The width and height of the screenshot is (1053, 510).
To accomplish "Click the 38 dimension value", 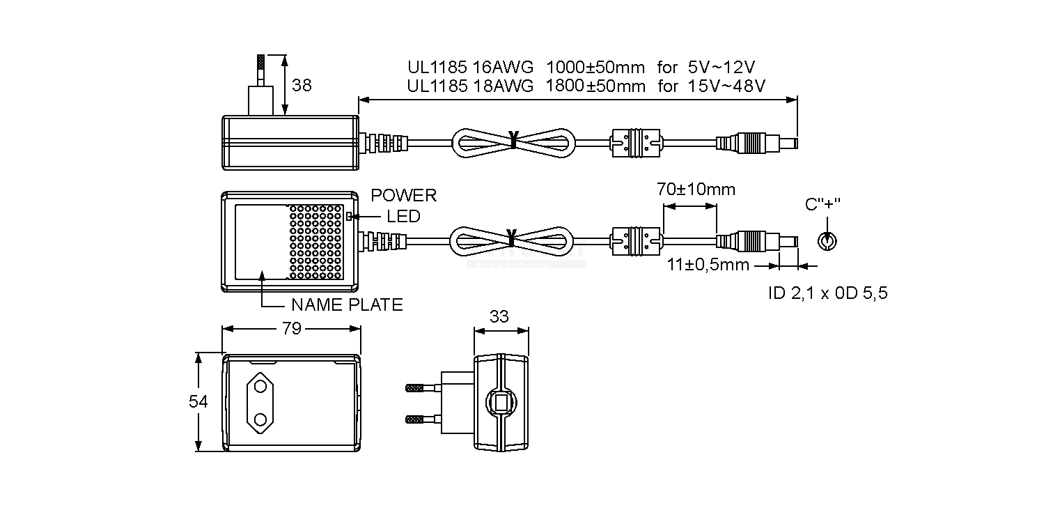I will pyautogui.click(x=302, y=85).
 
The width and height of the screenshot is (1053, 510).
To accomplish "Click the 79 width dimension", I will pyautogui.click(x=292, y=328).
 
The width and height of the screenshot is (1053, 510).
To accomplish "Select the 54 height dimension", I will pyautogui.click(x=198, y=402).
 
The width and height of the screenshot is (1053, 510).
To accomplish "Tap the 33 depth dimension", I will pyautogui.click(x=499, y=316).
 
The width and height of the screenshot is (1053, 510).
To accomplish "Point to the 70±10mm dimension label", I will pyautogui.click(x=696, y=190).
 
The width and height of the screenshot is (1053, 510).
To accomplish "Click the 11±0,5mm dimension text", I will pyautogui.click(x=708, y=265).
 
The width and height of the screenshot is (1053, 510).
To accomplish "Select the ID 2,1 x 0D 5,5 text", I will pyautogui.click(x=827, y=293).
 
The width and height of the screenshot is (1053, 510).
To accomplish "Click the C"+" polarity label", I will pyautogui.click(x=822, y=204).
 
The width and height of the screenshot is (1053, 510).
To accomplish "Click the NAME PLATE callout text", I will pyautogui.click(x=347, y=304).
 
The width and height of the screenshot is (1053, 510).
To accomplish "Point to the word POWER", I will pyautogui.click(x=403, y=196).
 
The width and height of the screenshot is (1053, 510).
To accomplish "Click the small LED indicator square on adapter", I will pyautogui.click(x=349, y=216).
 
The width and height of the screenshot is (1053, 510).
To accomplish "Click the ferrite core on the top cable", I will pyautogui.click(x=635, y=143).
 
